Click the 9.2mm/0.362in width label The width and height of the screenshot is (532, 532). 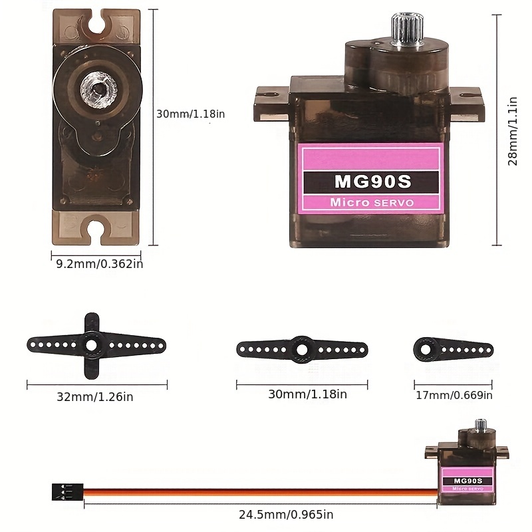[99, 263]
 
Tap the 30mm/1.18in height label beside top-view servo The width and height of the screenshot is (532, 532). [190, 114]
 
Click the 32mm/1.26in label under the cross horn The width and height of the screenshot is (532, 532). [95, 397]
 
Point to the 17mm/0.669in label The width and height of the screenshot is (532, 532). [454, 396]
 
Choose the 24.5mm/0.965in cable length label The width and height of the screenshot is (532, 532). [286, 514]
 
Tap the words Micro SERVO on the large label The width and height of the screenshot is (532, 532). [371, 202]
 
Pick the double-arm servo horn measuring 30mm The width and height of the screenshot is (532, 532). [302, 348]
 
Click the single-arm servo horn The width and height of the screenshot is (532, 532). [452, 348]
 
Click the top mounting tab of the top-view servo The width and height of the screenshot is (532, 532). [97, 25]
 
